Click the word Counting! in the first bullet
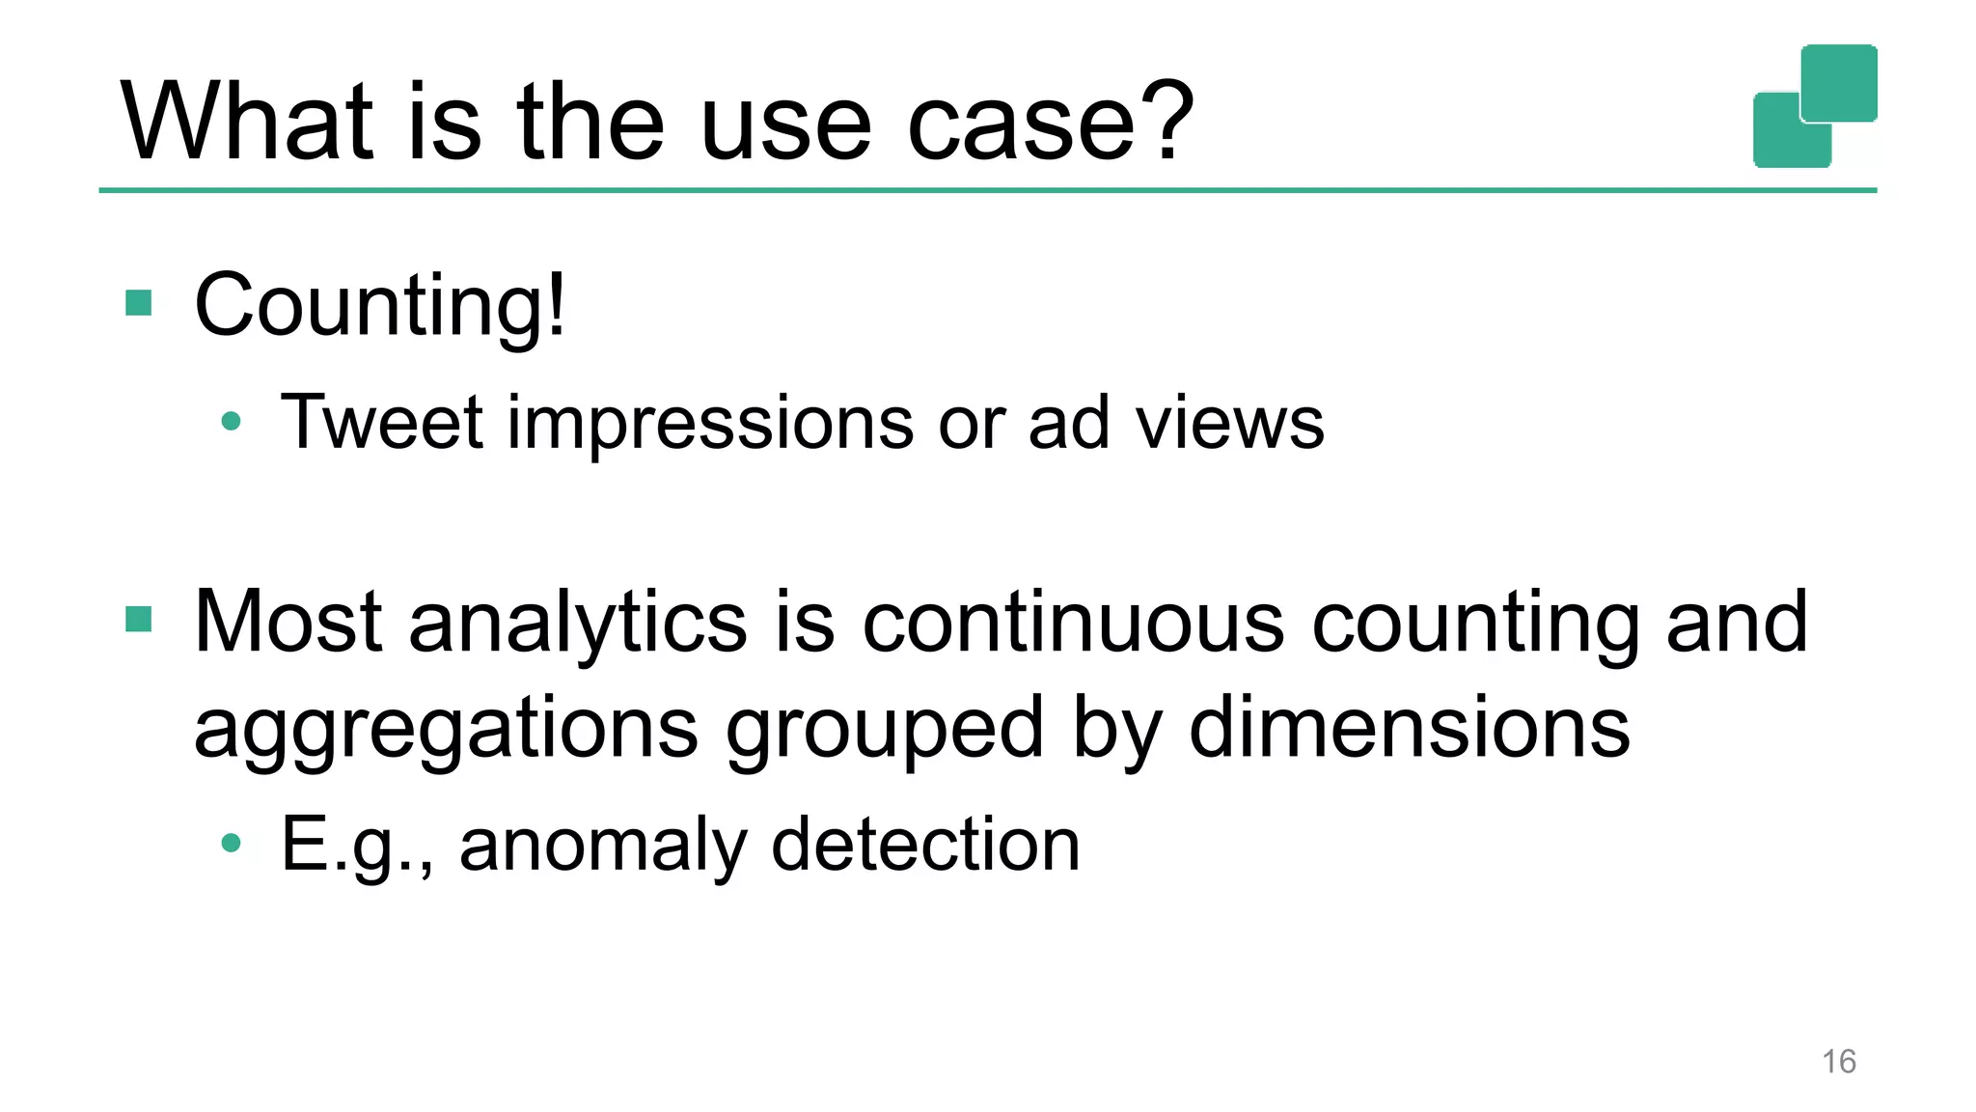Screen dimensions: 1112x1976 pos(380,306)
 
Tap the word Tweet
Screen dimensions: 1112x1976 pos(381,423)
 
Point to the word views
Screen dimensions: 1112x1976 pos(1229,423)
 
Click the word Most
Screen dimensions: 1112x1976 pos(288,623)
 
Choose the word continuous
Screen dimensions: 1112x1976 pos(1073,623)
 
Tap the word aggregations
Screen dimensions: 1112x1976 pos(446,730)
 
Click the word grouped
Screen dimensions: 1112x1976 pos(885,730)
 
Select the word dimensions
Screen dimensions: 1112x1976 pos(1410,728)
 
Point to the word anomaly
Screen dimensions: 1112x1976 pos(603,846)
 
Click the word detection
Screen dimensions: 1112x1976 pos(925,844)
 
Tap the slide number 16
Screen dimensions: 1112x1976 pos(1838,1062)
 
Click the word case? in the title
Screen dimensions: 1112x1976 pos(1051,123)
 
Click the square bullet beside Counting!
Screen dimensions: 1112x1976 pos(139,304)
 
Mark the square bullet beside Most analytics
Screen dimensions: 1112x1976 pos(139,620)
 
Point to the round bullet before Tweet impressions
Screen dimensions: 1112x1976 pos(231,421)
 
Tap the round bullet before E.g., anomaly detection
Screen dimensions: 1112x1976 pos(231,844)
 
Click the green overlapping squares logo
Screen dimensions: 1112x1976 pos(1815,106)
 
